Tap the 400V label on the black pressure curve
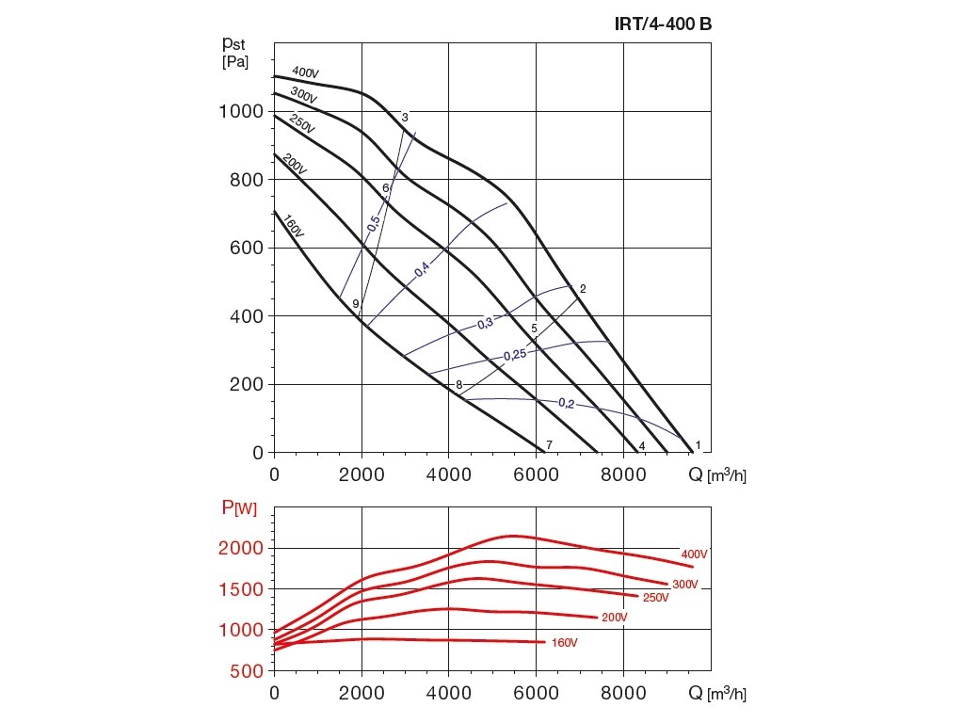click(305, 72)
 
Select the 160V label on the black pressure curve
click(292, 227)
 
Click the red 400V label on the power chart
click(694, 554)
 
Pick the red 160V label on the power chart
click(564, 643)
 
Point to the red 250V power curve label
click(654, 598)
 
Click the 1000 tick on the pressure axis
click(240, 111)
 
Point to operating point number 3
click(405, 118)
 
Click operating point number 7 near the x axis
click(549, 444)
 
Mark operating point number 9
click(355, 304)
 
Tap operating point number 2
click(584, 289)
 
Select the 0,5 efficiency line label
click(374, 224)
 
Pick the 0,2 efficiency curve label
click(566, 403)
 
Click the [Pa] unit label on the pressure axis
click(235, 62)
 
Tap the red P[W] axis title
click(239, 509)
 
